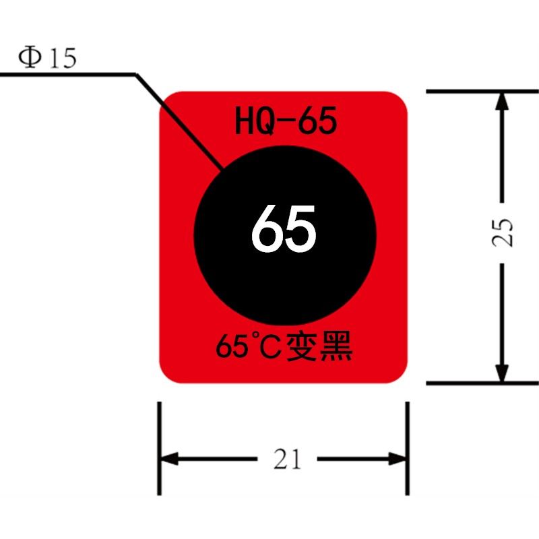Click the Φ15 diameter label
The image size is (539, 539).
[47, 58]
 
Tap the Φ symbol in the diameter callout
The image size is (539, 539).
[30, 58]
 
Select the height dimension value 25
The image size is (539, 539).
[502, 232]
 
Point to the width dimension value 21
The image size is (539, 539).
[287, 459]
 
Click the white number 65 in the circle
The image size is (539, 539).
[284, 228]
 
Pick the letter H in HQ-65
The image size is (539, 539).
[244, 121]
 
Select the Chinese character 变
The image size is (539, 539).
[301, 346]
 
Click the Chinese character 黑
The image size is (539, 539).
[336, 346]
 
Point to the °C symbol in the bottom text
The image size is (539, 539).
[265, 346]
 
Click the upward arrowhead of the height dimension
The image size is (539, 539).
[502, 101]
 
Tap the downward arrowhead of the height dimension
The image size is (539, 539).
[502, 373]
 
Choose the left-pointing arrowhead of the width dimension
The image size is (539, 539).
[170, 459]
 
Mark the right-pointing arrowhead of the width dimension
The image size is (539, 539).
[397, 459]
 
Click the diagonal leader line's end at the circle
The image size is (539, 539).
[222, 168]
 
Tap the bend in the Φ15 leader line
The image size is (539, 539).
[135, 74]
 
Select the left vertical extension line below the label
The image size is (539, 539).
[159, 449]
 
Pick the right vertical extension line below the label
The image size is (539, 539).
[408, 449]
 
